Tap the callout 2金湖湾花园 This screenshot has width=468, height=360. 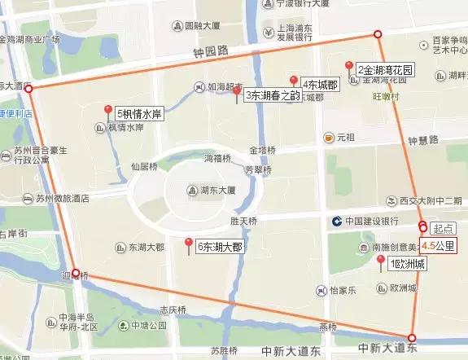click(385, 71)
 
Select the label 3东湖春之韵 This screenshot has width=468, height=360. click(273, 95)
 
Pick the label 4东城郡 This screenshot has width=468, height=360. click(319, 85)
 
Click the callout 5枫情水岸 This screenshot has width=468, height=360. click(139, 114)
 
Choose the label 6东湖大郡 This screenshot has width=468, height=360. click(219, 247)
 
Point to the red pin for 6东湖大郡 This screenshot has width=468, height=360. click(189, 244)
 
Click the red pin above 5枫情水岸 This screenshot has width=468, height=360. click(108, 111)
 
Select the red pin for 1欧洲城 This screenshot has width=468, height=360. click(380, 261)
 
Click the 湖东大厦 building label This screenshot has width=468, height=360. click(217, 191)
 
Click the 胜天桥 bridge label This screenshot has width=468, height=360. click(243, 221)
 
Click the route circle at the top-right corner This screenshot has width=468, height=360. click(377, 33)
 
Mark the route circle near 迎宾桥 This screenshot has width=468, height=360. click(76, 273)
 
